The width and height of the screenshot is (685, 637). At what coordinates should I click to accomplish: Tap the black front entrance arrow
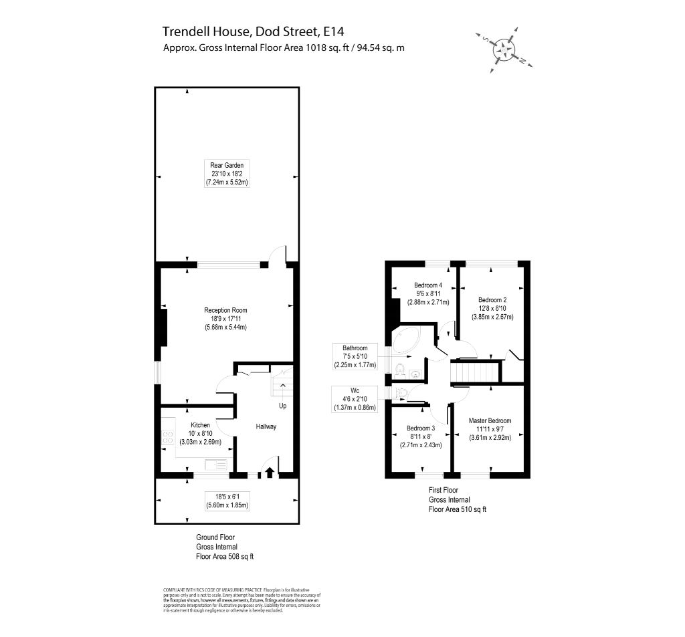[270, 473]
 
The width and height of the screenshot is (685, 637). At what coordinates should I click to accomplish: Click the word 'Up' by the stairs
[284, 406]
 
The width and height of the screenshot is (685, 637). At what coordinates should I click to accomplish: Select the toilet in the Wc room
[401, 392]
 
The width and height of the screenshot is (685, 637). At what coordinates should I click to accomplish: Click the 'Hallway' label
[266, 426]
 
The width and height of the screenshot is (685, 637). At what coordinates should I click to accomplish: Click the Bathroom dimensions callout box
[355, 356]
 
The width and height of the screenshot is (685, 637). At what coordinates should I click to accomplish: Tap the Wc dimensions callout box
[355, 399]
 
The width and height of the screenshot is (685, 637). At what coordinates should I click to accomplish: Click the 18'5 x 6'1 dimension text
[227, 497]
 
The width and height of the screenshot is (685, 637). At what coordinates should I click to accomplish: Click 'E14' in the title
[334, 31]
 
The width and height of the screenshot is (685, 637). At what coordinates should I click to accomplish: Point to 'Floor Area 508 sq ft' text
[225, 556]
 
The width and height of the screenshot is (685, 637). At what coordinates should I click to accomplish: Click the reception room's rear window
[227, 264]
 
